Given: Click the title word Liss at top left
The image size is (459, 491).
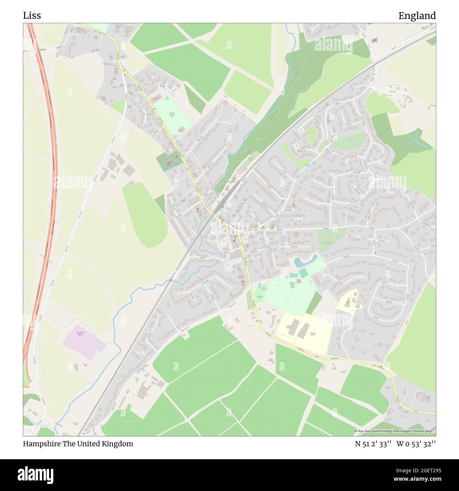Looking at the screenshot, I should click(x=32, y=16).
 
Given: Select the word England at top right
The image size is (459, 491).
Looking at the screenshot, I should click(x=417, y=16).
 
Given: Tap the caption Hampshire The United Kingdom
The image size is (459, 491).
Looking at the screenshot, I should click(x=78, y=444).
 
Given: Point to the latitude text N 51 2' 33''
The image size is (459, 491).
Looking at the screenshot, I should click(x=373, y=444).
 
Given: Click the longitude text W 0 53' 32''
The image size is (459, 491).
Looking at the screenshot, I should click(x=416, y=444).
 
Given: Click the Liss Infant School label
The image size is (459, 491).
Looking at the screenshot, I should click(x=288, y=327).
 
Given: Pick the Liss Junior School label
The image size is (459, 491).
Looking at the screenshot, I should click(x=312, y=333).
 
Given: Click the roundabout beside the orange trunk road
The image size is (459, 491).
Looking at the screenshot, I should click(x=32, y=386).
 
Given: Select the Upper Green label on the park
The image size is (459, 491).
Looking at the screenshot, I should click(x=327, y=242).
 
